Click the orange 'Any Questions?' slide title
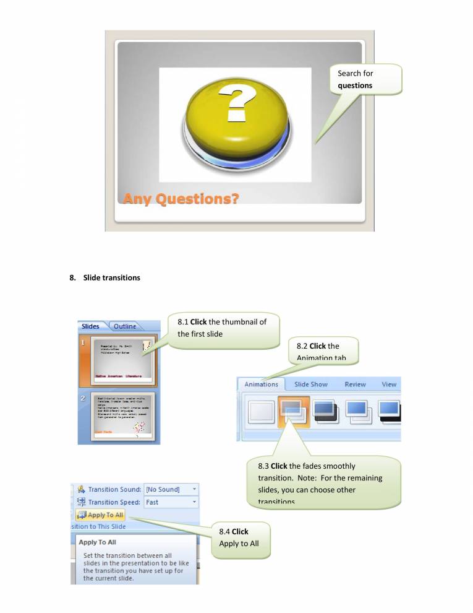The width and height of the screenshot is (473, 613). (x=181, y=199)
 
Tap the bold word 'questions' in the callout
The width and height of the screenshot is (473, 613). (x=355, y=85)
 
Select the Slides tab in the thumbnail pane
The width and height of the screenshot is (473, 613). (x=90, y=326)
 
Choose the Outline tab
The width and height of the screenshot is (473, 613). (x=125, y=326)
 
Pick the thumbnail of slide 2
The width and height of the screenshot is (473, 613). (x=122, y=415)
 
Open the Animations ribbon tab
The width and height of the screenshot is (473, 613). (x=261, y=385)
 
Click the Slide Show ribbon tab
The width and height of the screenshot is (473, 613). (x=311, y=385)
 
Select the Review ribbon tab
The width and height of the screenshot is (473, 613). (x=355, y=385)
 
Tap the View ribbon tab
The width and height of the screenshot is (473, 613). (x=389, y=385)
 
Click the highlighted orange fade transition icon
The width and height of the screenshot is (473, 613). (x=294, y=412)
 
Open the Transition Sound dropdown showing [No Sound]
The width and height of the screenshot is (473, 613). (x=171, y=489)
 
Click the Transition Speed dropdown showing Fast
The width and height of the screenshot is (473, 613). (x=171, y=502)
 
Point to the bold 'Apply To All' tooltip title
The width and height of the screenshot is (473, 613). (x=98, y=542)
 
